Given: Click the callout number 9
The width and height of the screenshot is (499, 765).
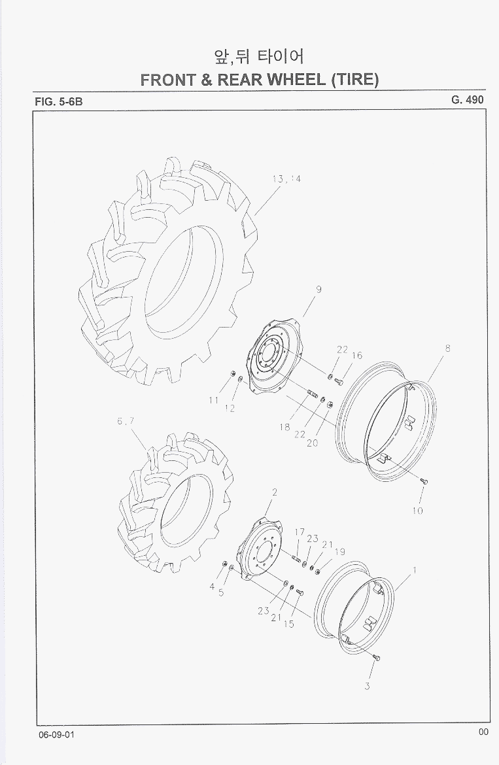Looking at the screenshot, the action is (x=318, y=289).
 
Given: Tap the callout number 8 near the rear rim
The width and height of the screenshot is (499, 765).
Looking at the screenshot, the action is (x=447, y=348).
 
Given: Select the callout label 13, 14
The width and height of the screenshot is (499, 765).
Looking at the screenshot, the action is (x=287, y=179).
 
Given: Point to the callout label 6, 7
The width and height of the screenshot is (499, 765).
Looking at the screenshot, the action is (x=126, y=421).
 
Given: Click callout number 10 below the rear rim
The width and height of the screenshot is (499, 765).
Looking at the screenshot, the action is (x=417, y=511).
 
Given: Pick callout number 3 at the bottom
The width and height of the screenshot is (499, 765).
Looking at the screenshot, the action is (x=367, y=686).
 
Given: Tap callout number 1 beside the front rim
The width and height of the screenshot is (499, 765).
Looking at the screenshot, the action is (x=414, y=570).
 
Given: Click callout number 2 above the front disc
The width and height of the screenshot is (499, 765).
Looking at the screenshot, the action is (x=275, y=492).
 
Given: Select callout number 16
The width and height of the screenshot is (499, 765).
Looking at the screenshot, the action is (x=357, y=355).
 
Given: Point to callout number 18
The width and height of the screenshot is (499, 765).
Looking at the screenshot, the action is (x=285, y=428).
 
